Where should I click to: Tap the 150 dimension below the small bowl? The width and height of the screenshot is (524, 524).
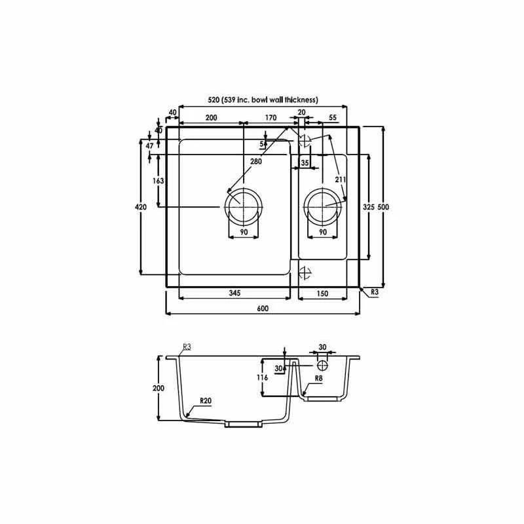(x=322, y=293)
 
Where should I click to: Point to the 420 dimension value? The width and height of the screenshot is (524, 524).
(x=140, y=207)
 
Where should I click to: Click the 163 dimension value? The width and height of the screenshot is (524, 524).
(x=158, y=181)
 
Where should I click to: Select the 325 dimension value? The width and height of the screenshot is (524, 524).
(x=367, y=207)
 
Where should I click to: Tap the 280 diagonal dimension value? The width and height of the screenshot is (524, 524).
(x=256, y=162)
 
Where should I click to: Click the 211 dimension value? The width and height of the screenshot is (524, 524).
(x=341, y=179)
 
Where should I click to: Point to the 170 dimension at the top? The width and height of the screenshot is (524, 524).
(x=270, y=118)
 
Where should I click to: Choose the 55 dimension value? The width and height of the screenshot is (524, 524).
(x=333, y=118)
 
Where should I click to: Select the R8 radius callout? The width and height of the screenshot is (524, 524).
(x=319, y=379)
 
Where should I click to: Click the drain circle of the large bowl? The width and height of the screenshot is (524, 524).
(x=243, y=204)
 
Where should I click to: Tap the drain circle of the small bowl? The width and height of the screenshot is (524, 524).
(x=323, y=204)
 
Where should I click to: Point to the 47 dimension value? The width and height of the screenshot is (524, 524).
(x=149, y=146)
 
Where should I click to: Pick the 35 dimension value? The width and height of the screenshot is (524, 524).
(x=305, y=162)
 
